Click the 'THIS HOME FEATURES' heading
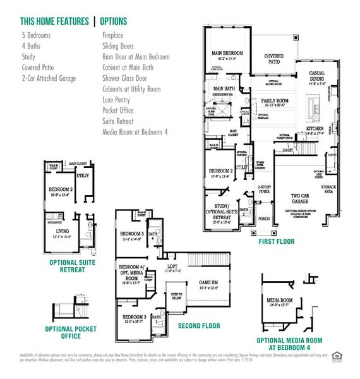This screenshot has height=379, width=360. pyautogui.click(x=55, y=21)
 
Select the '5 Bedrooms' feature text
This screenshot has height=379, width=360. pyautogui.click(x=37, y=36)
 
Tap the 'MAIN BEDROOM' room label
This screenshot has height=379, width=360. pyautogui.click(x=227, y=53)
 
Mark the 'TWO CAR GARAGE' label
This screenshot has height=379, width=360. pyautogui.click(x=302, y=199)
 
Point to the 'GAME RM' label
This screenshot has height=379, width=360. pyautogui.click(x=210, y=282)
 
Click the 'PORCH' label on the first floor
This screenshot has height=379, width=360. pyautogui.click(x=263, y=220)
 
